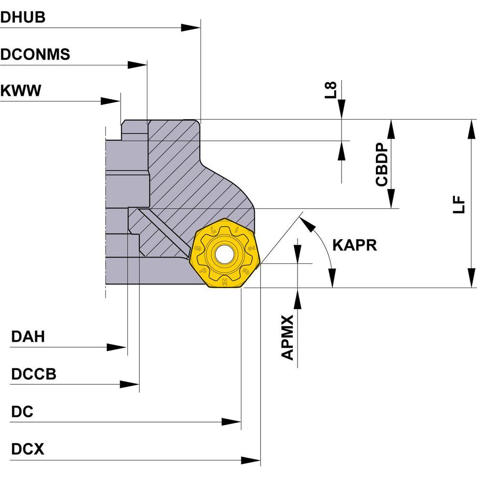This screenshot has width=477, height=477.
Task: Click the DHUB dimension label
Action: pos(23,17)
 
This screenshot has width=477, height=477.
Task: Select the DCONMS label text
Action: pos(35,54)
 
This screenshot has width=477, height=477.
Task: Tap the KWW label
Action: pos(21,90)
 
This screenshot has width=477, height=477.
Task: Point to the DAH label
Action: pos(28,337)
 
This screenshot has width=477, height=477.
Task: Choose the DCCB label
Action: pos(33,374)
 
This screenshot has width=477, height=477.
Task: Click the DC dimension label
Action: pos(22,412)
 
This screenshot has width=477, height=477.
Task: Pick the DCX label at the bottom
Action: pos(27,449)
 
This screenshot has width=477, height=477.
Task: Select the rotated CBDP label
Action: pos(382,165)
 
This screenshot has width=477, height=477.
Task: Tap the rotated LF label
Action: pos(458,204)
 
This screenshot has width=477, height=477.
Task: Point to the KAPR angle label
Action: pos(354,245)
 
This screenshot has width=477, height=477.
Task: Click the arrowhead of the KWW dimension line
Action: pos(112,101)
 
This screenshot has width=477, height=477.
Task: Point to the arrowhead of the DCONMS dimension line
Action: pos(139,65)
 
